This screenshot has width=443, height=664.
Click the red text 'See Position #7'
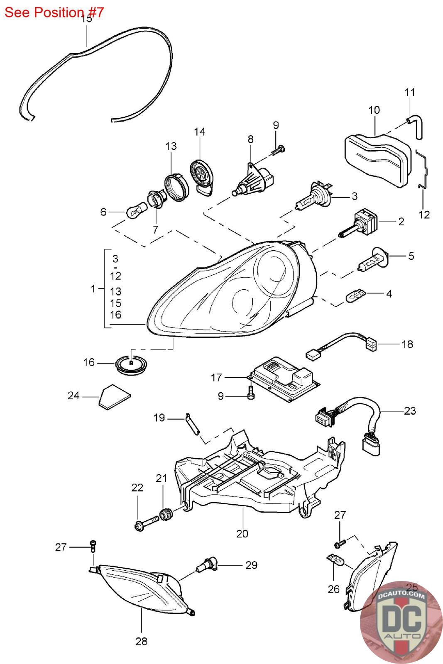54,12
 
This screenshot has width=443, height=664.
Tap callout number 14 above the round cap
200,132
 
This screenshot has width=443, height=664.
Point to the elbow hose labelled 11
415,127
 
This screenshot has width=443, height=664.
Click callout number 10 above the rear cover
374,110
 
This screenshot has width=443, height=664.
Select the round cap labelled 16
131,365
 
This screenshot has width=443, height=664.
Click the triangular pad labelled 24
114,397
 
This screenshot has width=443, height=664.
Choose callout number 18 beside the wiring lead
407,344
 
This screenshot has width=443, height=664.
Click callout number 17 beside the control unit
216,378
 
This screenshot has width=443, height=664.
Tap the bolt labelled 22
147,525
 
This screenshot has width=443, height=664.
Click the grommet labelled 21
166,514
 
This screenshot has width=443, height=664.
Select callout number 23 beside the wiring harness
410,411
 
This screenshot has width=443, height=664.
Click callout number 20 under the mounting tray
242,534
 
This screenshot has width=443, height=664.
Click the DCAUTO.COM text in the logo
401,596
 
